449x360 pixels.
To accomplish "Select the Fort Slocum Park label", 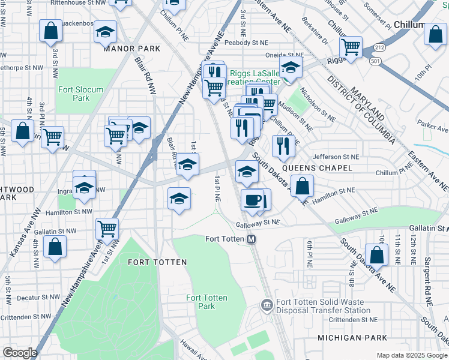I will pyautogui.click(x=80, y=94).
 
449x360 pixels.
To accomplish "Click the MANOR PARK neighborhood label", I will pyautogui.click(x=125, y=49).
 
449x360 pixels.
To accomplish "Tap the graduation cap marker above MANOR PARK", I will pyautogui.click(x=105, y=32).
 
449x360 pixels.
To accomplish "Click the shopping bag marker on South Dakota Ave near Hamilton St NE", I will pyautogui.click(x=302, y=185).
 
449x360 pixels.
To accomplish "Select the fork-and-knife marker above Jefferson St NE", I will pyautogui.click(x=282, y=145).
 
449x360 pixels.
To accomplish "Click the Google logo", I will pyautogui.click(x=20, y=353).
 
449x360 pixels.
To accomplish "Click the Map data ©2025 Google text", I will pyautogui.click(x=411, y=355).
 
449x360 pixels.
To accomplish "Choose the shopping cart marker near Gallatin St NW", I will pyautogui.click(x=107, y=228).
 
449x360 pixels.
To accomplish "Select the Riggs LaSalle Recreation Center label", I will pyautogui.click(x=252, y=77).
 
